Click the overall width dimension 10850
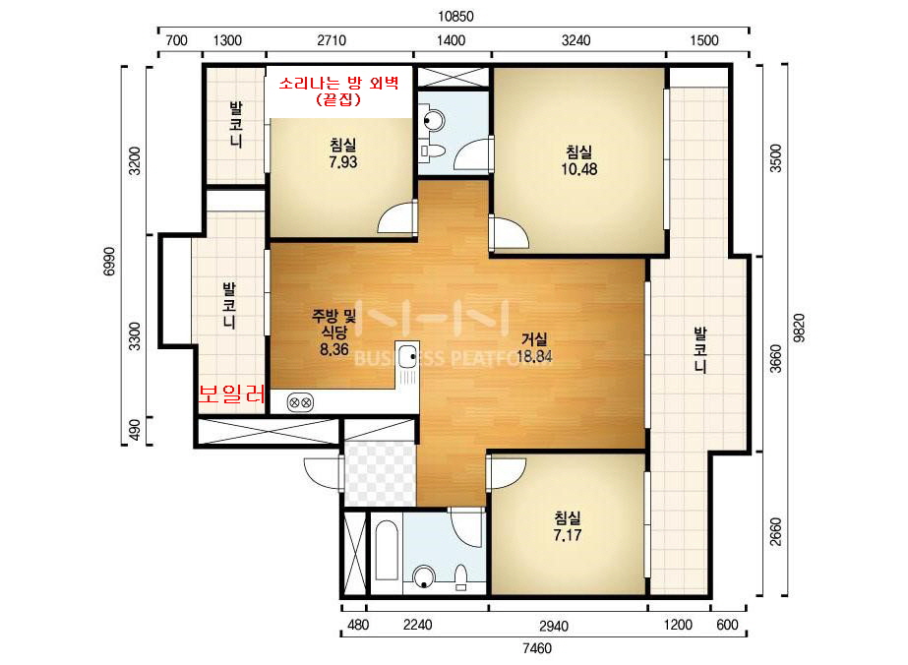coord(455,16)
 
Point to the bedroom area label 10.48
coord(578,169)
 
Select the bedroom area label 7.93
coord(342,162)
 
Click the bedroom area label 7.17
coord(567,535)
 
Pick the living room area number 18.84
coord(534,356)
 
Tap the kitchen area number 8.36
coord(334,349)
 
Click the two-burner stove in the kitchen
coord(301,402)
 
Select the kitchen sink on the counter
coord(408,353)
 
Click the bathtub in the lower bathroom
coord(386,551)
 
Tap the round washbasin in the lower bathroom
coord(424,576)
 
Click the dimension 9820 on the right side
coord(799,329)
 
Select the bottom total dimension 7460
coord(537,648)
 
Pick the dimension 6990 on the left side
coord(109,262)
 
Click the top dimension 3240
coord(575,40)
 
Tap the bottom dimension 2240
coord(417,625)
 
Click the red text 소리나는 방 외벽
coord(338,83)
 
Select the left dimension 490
coord(134,430)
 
